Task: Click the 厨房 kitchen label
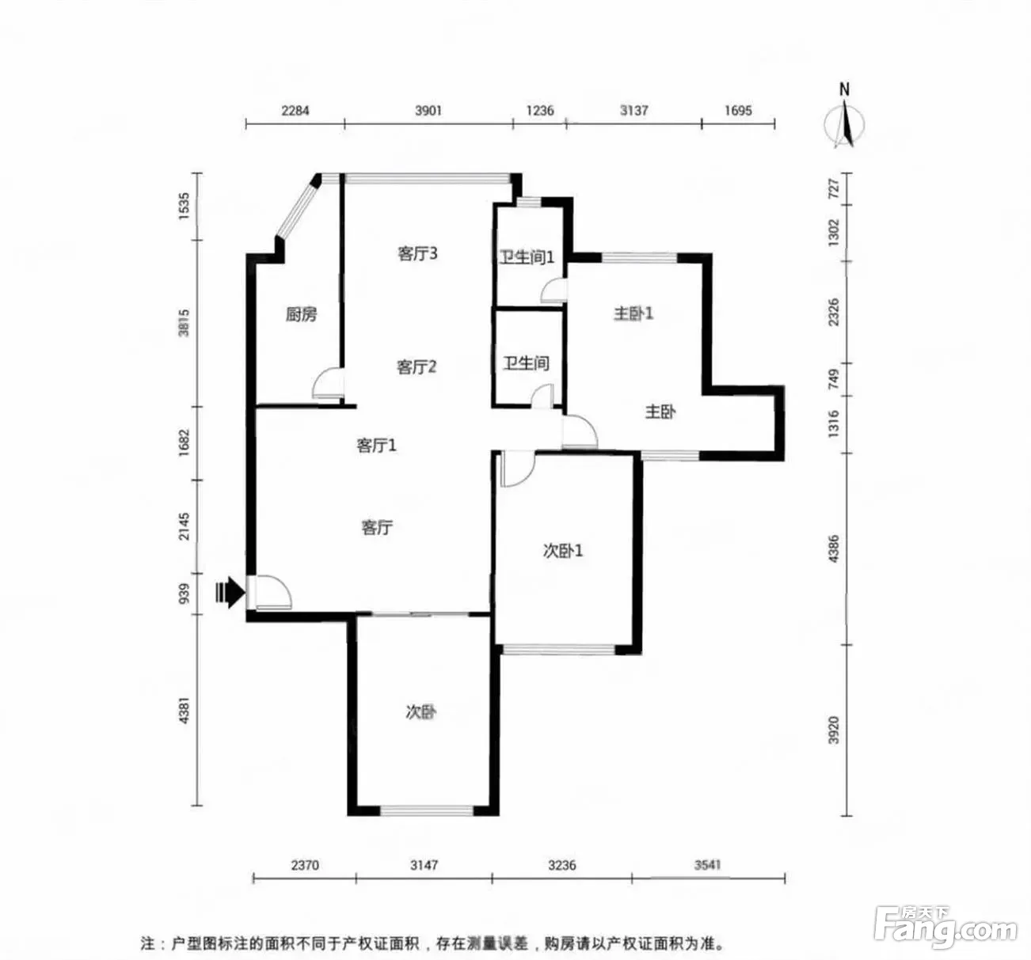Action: pyautogui.click(x=301, y=314)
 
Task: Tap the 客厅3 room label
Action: pyautogui.click(x=417, y=254)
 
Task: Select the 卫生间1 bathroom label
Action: pyautogui.click(x=527, y=257)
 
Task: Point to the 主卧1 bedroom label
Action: pyautogui.click(x=633, y=313)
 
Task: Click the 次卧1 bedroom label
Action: pyautogui.click(x=563, y=551)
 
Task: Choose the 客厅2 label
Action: pyautogui.click(x=417, y=367)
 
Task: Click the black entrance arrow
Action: pyautogui.click(x=230, y=592)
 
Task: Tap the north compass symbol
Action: pyautogui.click(x=845, y=118)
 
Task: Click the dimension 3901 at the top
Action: pyautogui.click(x=428, y=111)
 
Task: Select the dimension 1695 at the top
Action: pyautogui.click(x=738, y=111)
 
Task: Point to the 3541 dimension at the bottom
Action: pyautogui.click(x=708, y=865)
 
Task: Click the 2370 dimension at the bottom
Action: pyautogui.click(x=305, y=865)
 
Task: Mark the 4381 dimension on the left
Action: pyautogui.click(x=185, y=710)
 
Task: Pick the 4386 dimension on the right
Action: pyautogui.click(x=833, y=548)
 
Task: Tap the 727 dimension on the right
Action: pyautogui.click(x=833, y=188)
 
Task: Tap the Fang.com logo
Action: pyautogui.click(x=945, y=926)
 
